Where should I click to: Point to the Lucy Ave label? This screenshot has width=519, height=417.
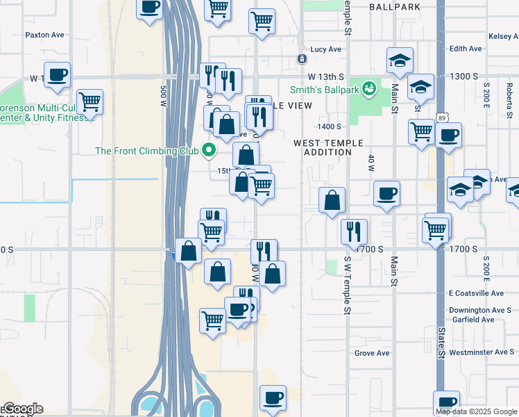click(326, 49)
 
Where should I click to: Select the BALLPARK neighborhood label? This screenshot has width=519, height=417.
click(394, 6)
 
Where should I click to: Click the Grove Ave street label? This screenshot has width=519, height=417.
click(372, 353)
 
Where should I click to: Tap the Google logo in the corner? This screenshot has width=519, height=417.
click(22, 409)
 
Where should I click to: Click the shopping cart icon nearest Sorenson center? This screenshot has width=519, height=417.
click(90, 101)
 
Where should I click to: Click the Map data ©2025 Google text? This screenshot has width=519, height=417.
click(477, 411)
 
